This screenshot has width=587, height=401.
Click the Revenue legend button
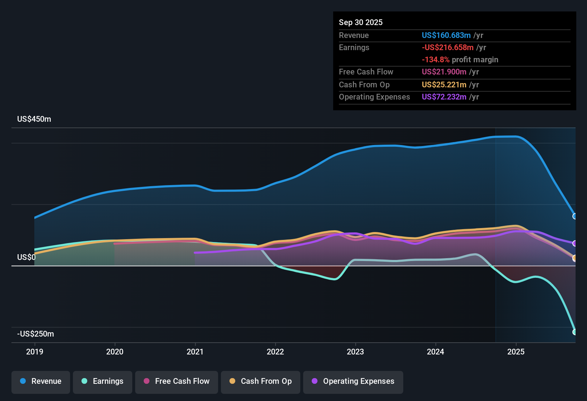pos(41,381)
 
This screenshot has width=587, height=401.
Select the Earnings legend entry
pos(103,381)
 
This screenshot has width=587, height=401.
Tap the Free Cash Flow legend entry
pos(177,381)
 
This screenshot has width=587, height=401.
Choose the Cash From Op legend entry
pos(261,381)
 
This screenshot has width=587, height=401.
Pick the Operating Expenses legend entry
pos(353,381)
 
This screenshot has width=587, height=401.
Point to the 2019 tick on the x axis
pos(35,352)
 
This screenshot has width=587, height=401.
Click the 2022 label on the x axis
pos(275,352)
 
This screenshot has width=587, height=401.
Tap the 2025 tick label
pos(516,352)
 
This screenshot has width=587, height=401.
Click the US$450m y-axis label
pos(34,119)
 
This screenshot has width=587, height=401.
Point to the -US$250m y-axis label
pos(35,334)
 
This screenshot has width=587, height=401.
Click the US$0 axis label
pos(26,257)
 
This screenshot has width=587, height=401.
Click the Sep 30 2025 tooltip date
pos(360,23)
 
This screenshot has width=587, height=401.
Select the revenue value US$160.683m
pos(446,35)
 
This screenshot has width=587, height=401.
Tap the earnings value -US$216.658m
pos(448,48)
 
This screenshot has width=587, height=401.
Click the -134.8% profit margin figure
pos(435,60)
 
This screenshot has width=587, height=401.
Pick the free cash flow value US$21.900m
pos(444,72)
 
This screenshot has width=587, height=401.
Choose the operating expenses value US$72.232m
pos(444,97)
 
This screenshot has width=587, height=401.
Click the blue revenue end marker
pos(575,216)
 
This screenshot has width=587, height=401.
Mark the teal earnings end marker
pos(575,332)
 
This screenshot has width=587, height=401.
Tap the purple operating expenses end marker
pos(575,243)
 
